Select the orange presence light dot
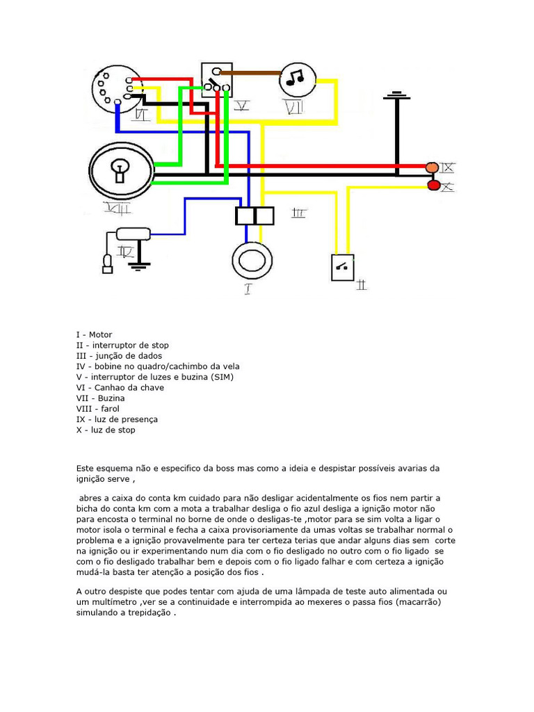click(x=432, y=168)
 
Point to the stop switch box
click(x=342, y=267)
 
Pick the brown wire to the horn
click(x=250, y=71)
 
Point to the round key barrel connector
click(x=117, y=89)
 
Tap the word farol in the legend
click(x=109, y=409)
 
